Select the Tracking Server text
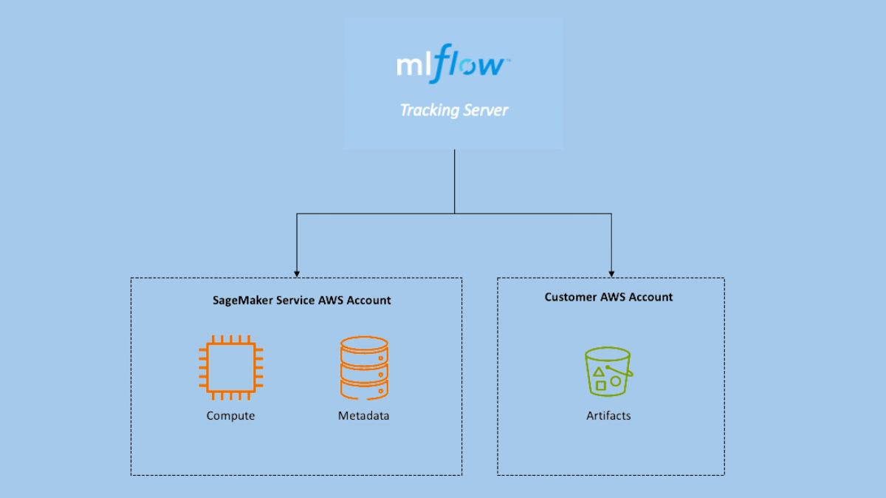pyautogui.click(x=453, y=111)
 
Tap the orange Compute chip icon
pyautogui.click(x=230, y=367)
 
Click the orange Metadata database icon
pyautogui.click(x=363, y=369)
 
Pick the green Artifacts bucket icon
pyautogui.click(x=608, y=372)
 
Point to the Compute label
pyautogui.click(x=230, y=416)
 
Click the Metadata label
pyautogui.click(x=363, y=416)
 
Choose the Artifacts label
pyautogui.click(x=608, y=416)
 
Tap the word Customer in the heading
pyautogui.click(x=571, y=297)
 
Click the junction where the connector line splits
pyautogui.click(x=454, y=214)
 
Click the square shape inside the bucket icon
pyautogui.click(x=600, y=385)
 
